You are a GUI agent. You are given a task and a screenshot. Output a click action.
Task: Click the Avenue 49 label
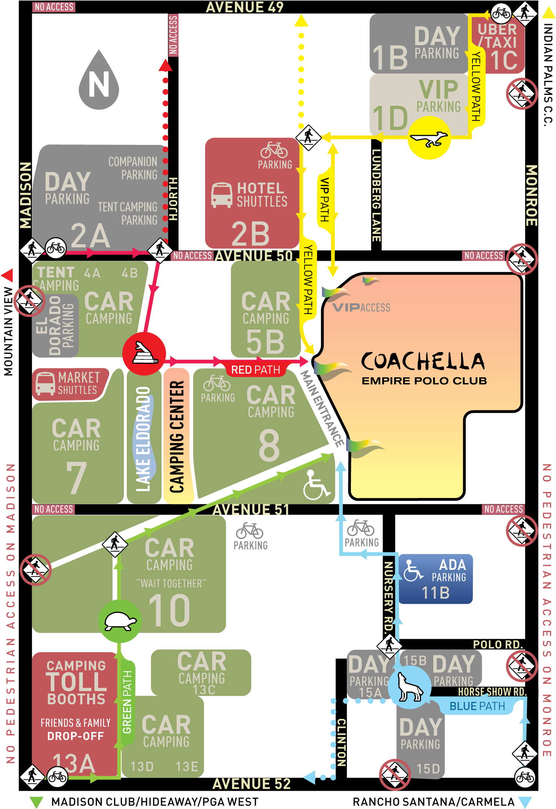pyautogui.click(x=245, y=7)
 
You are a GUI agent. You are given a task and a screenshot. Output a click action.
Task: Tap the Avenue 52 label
pyautogui.click(x=251, y=784)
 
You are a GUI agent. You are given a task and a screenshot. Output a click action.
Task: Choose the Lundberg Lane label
pyautogui.click(x=376, y=195)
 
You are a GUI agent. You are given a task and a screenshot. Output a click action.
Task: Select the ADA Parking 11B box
pyautogui.click(x=436, y=578)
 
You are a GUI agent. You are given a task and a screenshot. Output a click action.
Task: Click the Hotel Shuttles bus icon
pyautogui.click(x=222, y=195)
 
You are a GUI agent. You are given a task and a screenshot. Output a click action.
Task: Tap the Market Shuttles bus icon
pyautogui.click(x=45, y=384)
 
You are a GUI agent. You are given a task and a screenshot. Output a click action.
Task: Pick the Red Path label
pyautogui.click(x=255, y=369)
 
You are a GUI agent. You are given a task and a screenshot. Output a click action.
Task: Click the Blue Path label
pyautogui.click(x=477, y=706)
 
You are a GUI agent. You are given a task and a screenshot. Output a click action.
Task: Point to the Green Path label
pyautogui.click(x=127, y=702)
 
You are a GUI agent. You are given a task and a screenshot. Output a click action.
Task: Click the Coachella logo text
pyautogui.click(x=423, y=361)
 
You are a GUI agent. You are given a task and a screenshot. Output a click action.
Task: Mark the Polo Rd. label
pyautogui.click(x=497, y=644)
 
